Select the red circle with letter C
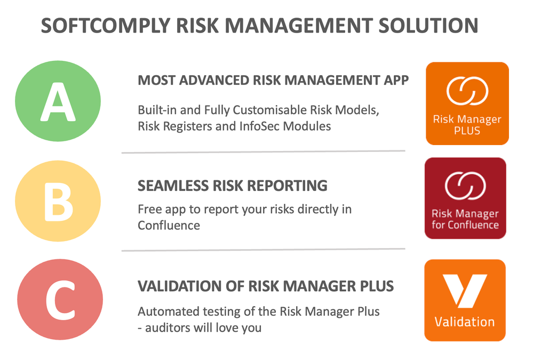59,300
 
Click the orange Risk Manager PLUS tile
467,103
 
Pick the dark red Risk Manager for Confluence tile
465,198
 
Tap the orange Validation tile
464,300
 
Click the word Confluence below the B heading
169,225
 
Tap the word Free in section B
149,209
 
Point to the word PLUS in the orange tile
467,130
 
